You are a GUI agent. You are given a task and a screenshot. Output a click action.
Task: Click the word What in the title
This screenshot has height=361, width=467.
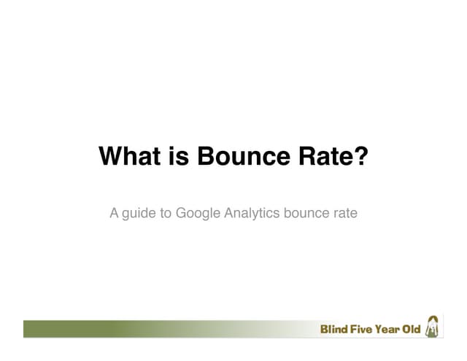(x=126, y=157)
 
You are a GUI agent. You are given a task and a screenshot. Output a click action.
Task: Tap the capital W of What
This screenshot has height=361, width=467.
(x=109, y=157)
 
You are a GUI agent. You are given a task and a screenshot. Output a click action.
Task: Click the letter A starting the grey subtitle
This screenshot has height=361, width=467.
(x=114, y=214)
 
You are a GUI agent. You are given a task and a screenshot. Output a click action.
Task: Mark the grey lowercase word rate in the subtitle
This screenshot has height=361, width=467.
(x=345, y=214)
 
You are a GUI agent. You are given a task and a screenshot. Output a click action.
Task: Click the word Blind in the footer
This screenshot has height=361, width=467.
(x=334, y=330)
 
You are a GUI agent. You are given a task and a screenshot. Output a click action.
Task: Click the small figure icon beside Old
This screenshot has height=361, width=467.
(x=433, y=327)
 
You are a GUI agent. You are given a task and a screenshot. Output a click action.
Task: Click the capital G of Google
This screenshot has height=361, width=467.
(x=182, y=214)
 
